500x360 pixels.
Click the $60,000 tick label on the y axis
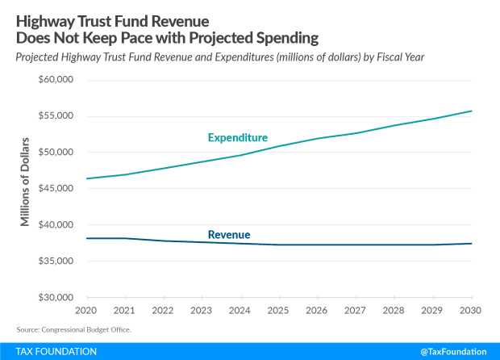click(56, 80)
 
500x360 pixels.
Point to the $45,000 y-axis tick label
click(56, 188)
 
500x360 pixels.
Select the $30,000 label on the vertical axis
click(56, 297)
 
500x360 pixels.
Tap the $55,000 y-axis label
click(56, 116)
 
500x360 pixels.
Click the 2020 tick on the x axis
click(85, 309)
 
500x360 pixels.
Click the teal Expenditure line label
click(238, 138)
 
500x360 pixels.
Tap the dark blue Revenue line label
click(229, 235)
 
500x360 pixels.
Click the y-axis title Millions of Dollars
click(25, 182)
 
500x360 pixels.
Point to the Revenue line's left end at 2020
click(86, 238)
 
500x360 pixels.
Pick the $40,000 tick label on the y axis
click(56, 224)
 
